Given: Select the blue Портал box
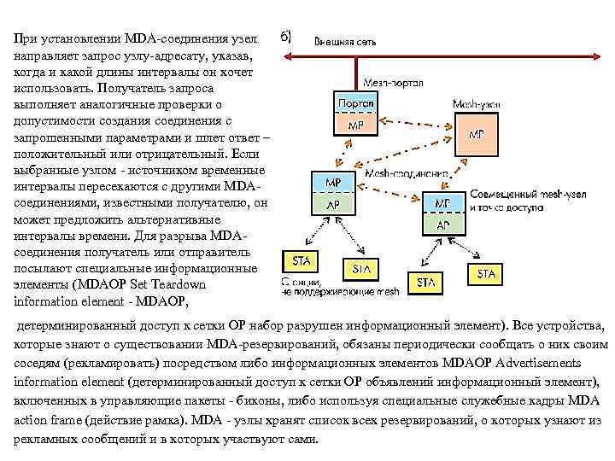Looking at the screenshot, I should [355, 103].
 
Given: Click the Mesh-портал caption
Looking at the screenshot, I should [392, 83].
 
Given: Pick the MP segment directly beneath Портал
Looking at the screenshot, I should [355, 124].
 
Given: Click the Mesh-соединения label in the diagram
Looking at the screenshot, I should [408, 172].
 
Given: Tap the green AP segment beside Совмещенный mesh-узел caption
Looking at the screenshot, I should [443, 225].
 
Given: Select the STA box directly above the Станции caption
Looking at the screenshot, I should [301, 260].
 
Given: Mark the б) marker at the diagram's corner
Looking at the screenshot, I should [286, 36].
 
